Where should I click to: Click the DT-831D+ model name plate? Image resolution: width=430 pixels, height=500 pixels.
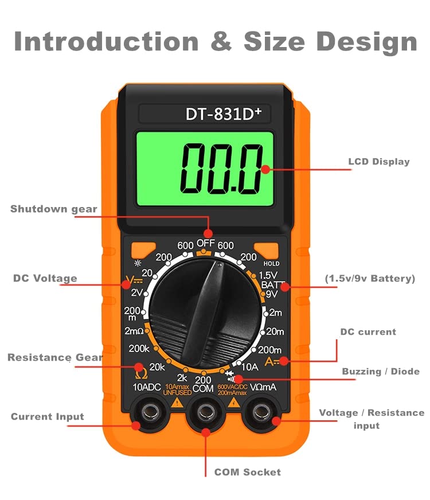(x=222, y=114)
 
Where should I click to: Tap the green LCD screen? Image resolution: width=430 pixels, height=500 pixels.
(x=204, y=169)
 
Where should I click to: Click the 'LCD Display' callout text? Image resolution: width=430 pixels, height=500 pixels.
(x=379, y=161)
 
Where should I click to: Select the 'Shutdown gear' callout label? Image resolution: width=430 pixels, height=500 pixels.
(x=54, y=209)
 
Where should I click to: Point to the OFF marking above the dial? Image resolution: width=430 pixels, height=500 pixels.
(x=206, y=243)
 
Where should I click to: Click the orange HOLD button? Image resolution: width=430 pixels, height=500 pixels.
(x=267, y=251)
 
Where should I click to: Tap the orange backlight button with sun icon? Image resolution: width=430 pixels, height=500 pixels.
(x=143, y=250)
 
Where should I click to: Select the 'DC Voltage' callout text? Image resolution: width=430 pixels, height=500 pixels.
(x=45, y=278)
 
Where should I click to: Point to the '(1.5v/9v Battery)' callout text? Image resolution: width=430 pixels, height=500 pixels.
(x=370, y=278)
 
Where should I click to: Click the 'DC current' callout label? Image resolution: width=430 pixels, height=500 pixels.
(x=368, y=331)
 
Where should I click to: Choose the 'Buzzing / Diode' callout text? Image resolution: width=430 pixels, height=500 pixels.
(x=381, y=371)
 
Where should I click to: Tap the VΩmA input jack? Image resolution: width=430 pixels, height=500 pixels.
(x=261, y=411)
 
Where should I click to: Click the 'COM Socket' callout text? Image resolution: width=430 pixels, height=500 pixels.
(x=248, y=472)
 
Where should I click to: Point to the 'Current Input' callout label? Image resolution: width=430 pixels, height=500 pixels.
(x=47, y=417)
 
